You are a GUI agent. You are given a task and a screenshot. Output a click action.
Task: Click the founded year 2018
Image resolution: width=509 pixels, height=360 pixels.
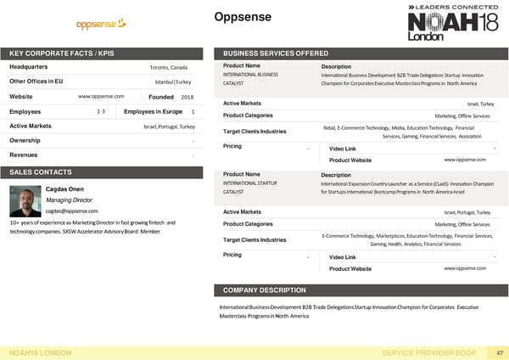[x=187, y=97]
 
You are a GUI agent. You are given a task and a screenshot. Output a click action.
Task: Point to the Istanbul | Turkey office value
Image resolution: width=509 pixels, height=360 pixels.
[x=173, y=82]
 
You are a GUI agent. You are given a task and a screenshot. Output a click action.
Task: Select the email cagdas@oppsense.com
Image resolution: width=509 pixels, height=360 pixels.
[x=72, y=211]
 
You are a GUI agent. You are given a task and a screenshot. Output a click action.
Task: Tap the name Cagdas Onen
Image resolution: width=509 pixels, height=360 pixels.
[x=65, y=188]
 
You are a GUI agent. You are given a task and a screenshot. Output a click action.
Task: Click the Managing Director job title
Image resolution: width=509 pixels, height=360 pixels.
[x=70, y=200]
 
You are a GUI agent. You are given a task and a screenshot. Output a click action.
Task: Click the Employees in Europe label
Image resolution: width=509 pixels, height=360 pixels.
[x=154, y=112]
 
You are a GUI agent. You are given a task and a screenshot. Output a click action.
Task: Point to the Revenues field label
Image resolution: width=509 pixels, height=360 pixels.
[x=28, y=155]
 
